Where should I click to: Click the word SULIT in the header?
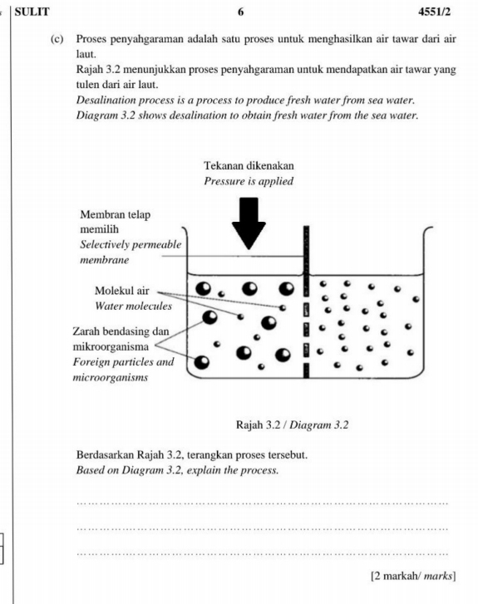click(x=32, y=11)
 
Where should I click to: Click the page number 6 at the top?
click(x=240, y=11)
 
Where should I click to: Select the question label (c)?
click(x=57, y=40)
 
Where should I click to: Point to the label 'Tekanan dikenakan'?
click(x=248, y=166)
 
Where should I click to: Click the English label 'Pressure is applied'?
click(x=248, y=180)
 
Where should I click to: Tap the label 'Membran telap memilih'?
click(x=116, y=221)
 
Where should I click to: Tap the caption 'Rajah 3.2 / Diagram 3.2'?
click(x=292, y=425)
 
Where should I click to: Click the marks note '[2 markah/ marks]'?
click(x=412, y=576)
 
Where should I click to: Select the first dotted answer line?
click(x=261, y=502)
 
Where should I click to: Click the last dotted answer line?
click(x=261, y=553)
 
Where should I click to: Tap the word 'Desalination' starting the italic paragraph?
click(x=106, y=99)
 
